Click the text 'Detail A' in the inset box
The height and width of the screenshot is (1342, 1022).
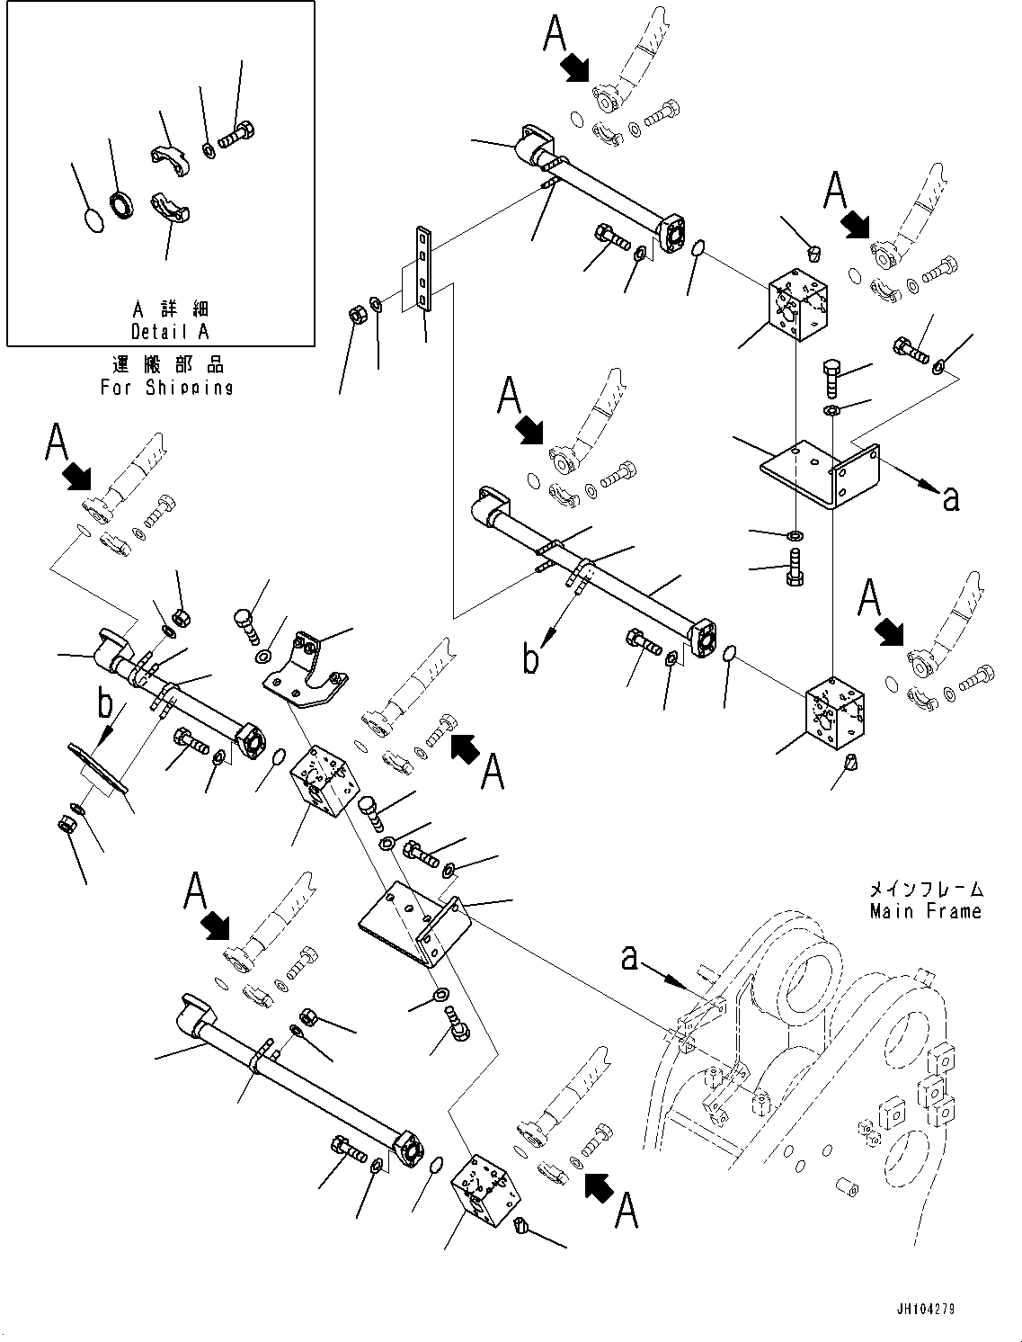click(x=170, y=331)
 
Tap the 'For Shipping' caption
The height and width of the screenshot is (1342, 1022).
click(x=167, y=388)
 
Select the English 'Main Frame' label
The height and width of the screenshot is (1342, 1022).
click(x=925, y=911)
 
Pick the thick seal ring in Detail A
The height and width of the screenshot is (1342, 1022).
click(x=122, y=205)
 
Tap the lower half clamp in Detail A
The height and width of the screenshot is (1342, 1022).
click(x=170, y=208)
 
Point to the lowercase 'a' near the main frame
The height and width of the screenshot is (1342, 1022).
click(x=630, y=959)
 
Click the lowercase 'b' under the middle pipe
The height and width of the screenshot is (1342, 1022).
click(x=532, y=658)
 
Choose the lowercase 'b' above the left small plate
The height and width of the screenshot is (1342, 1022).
click(x=107, y=705)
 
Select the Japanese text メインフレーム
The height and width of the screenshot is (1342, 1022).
click(x=925, y=889)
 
